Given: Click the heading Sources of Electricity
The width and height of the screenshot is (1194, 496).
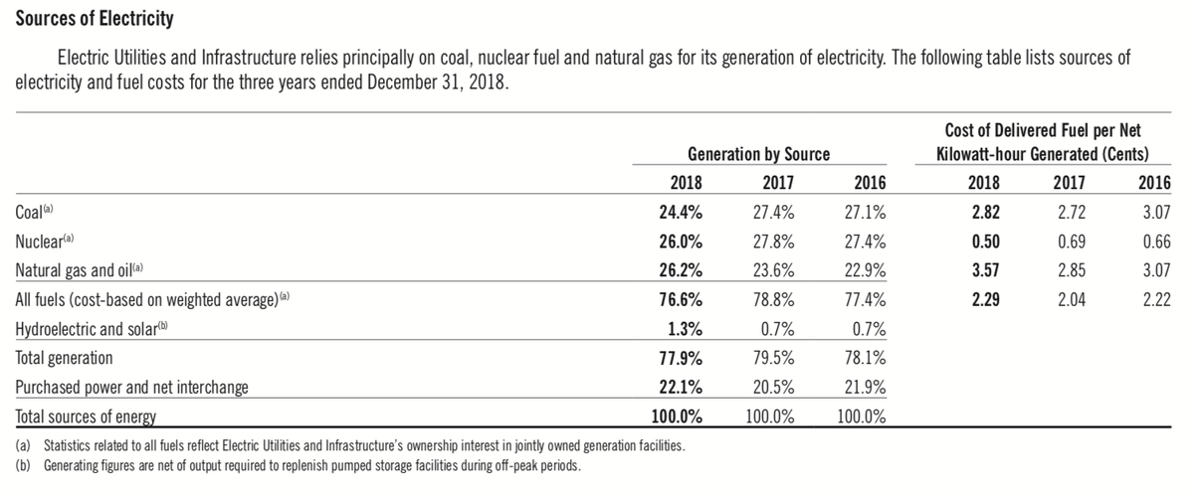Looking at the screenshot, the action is click(x=95, y=19).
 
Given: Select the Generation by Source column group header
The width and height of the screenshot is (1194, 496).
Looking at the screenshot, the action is click(x=758, y=154).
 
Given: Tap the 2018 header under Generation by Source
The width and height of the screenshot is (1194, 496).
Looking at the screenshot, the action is click(x=686, y=183).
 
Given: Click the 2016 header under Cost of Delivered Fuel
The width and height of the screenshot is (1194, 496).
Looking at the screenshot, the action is click(x=1154, y=183).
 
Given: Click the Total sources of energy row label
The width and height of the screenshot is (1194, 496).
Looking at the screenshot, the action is click(x=86, y=416).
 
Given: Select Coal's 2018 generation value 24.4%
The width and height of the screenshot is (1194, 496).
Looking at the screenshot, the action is click(x=681, y=212).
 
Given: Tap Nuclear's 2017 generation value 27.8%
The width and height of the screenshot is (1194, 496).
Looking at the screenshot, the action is click(x=773, y=242).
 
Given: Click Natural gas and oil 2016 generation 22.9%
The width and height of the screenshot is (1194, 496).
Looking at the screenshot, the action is click(x=865, y=270).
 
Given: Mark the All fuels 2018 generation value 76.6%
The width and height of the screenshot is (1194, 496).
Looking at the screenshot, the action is click(x=681, y=299).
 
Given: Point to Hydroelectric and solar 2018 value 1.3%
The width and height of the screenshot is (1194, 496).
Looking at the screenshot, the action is click(x=685, y=329).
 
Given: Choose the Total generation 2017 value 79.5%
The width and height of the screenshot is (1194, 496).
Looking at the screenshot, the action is click(x=773, y=358).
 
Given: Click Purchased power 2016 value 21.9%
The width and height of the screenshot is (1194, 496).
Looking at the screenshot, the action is click(x=865, y=387).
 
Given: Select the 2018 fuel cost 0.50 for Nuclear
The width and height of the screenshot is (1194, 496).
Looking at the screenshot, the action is click(x=986, y=242).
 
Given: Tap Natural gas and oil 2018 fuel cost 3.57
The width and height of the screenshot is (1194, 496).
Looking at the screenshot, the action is click(x=986, y=270).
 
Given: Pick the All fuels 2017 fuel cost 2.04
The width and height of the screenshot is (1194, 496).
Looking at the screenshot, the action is click(x=1072, y=299).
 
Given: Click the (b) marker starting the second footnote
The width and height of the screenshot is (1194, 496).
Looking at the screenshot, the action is click(x=23, y=465).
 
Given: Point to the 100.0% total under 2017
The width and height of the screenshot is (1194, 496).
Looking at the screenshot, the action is click(x=770, y=416).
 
